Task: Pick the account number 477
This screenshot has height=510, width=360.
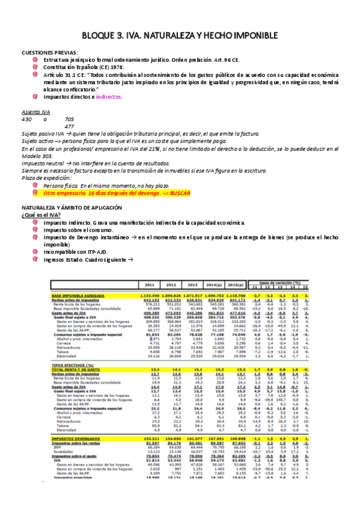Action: [x=69, y=127]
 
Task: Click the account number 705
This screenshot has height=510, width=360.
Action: [x=69, y=120]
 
